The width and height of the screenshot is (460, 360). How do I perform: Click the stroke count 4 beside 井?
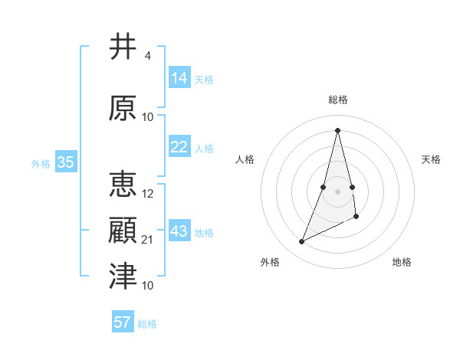(147, 56)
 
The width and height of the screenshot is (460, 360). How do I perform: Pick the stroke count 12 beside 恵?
(149, 194)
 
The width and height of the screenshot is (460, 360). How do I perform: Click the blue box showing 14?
(179, 77)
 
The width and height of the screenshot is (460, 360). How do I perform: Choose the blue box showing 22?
(179, 147)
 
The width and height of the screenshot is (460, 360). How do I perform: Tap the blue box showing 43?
(179, 231)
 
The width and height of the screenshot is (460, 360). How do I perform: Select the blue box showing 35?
(66, 162)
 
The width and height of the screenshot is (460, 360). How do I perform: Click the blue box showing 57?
(123, 322)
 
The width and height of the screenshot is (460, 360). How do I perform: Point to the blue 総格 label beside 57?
(147, 324)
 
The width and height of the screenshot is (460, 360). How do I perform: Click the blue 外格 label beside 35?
(40, 164)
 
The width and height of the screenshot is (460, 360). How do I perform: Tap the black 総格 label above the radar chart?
(337, 100)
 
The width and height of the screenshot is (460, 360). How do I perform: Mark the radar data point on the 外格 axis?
(301, 242)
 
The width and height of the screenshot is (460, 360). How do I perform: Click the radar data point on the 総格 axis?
(337, 129)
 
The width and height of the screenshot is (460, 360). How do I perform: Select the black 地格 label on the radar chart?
(402, 262)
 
